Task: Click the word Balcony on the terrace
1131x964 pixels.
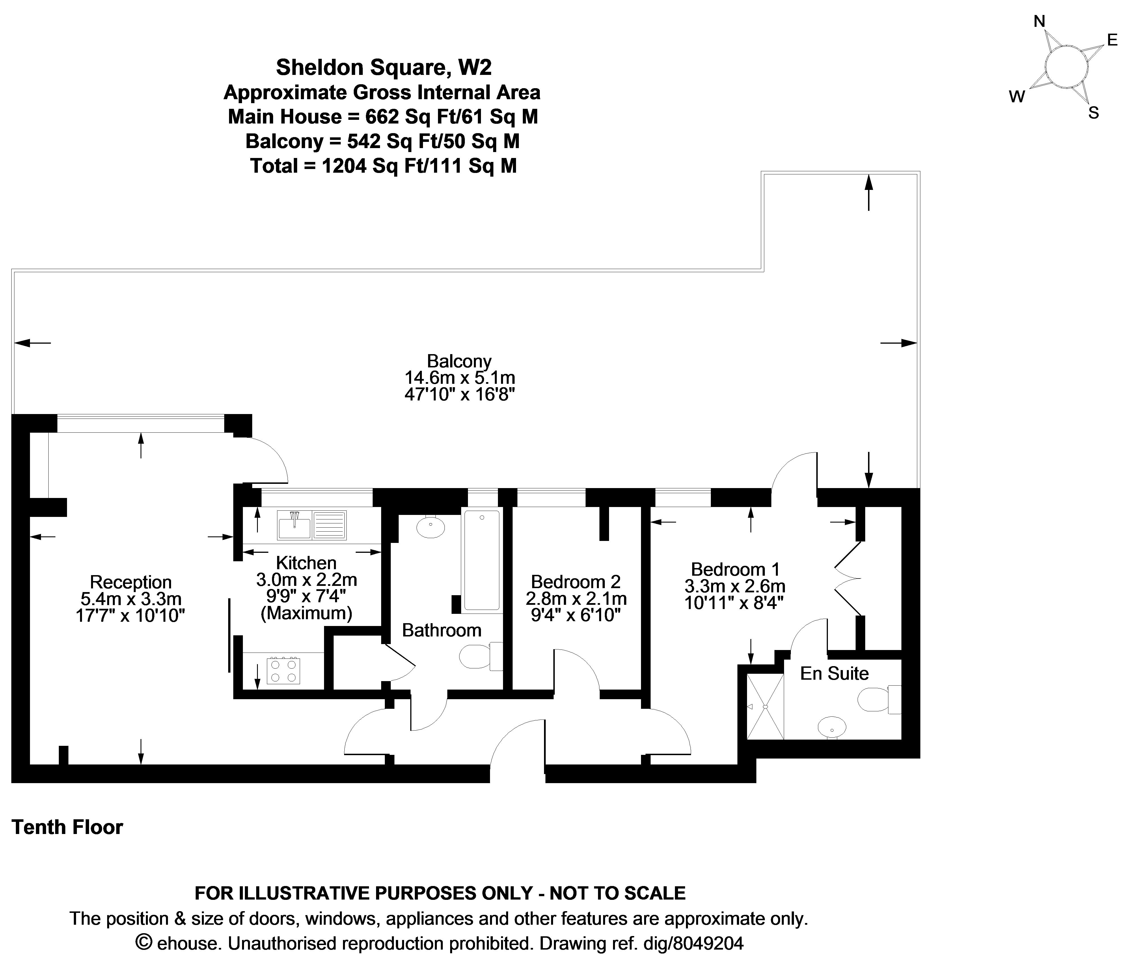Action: point(459,361)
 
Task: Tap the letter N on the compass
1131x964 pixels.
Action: point(1039,22)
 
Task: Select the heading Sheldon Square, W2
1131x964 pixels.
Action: point(384,67)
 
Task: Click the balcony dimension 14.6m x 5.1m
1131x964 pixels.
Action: point(459,378)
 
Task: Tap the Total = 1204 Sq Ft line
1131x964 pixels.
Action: point(383,165)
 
